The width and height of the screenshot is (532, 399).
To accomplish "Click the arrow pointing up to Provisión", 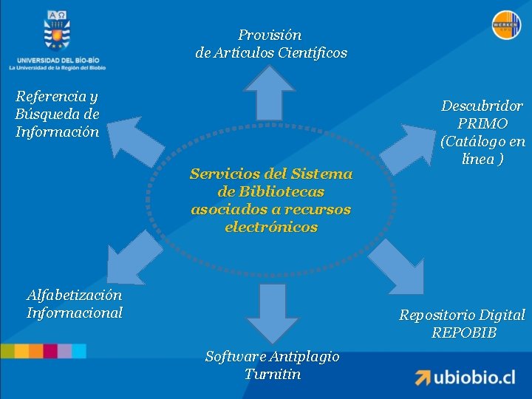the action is pyautogui.click(x=270, y=92).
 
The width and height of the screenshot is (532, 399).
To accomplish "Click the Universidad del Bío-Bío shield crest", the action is pyautogui.click(x=57, y=30).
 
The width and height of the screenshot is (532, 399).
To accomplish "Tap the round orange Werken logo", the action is pyautogui.click(x=506, y=25).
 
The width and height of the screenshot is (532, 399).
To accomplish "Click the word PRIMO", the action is pyautogui.click(x=482, y=123).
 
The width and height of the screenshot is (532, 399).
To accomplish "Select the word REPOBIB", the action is pyautogui.click(x=464, y=332).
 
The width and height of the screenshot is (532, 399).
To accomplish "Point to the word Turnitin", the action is pyautogui.click(x=273, y=374).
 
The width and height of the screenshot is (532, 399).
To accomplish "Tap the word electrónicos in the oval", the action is pyautogui.click(x=271, y=227).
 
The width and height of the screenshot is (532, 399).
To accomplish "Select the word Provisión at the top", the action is pyautogui.click(x=270, y=35).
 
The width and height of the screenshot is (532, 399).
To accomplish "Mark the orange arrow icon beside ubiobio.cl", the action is pyautogui.click(x=422, y=377).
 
